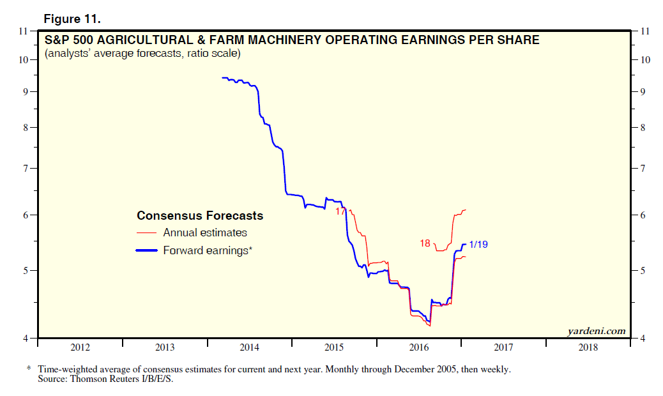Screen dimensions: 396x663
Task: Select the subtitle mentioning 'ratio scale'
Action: tap(142, 54)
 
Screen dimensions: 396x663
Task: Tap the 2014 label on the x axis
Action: tap(249, 347)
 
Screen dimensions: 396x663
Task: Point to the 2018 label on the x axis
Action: tap(588, 347)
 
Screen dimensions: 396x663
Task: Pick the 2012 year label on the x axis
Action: tap(80, 347)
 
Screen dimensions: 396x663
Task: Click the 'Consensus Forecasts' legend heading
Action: tap(200, 216)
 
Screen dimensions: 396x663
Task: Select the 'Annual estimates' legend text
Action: tap(205, 233)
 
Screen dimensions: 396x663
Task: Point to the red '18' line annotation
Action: tap(425, 243)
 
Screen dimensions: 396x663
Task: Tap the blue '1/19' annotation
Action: tap(479, 244)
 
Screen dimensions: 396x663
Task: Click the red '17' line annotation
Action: tap(340, 211)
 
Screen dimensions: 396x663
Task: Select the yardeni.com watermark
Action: tap(596, 331)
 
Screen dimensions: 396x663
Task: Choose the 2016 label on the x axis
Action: tap(418, 347)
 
